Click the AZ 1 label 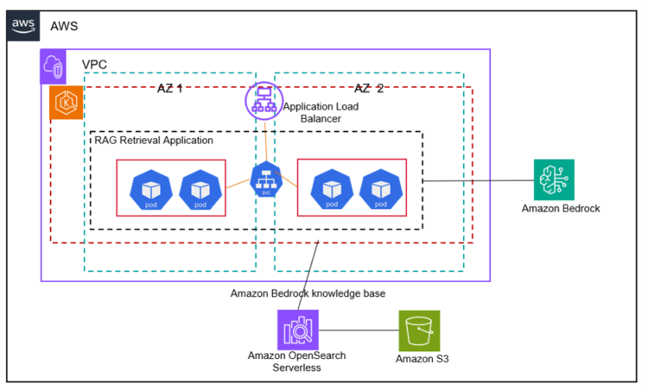coord(169,89)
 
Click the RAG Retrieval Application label coord(154,140)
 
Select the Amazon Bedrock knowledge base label coord(308,293)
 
